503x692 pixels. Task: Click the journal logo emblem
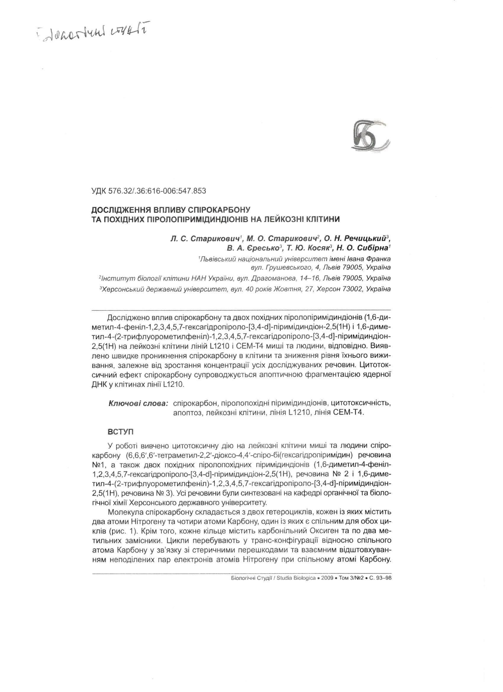pos(369,136)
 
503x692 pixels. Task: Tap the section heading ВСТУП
pos(120,432)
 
